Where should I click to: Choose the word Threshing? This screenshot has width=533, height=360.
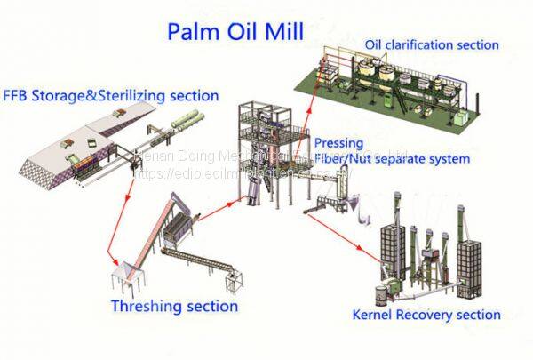pyautogui.click(x=144, y=307)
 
